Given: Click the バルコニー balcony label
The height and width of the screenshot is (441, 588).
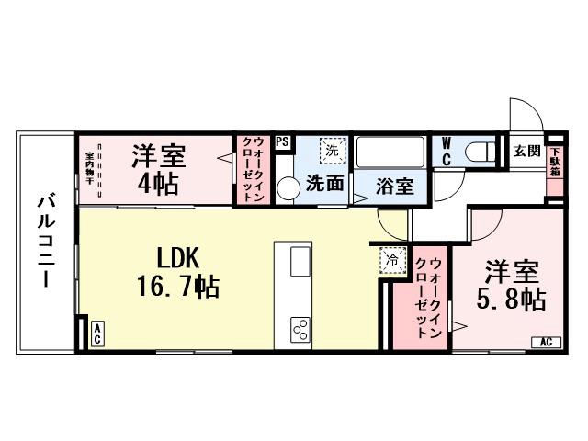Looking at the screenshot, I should point(44,241).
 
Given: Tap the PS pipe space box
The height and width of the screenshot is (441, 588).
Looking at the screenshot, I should point(282,142).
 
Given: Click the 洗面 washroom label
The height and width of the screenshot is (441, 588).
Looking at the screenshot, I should point(325,184).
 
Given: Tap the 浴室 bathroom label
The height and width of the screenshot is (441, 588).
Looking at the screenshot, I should point(396,186).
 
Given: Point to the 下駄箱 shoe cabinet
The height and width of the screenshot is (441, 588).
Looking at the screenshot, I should point(554,166).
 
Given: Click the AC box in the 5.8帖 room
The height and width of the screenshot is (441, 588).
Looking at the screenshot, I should point(544,343).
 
